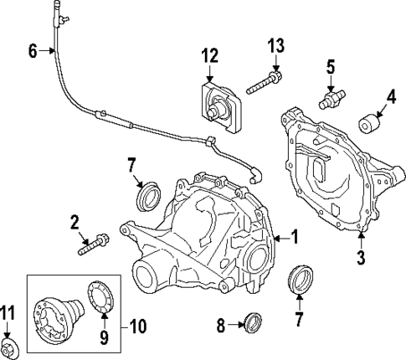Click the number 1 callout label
click(x=293, y=238)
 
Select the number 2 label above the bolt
click(x=75, y=222)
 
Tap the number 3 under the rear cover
click(x=360, y=258)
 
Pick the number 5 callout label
click(x=331, y=67)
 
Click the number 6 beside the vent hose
click(x=33, y=51)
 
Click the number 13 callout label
click(x=276, y=44)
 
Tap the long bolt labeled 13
click(x=265, y=84)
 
